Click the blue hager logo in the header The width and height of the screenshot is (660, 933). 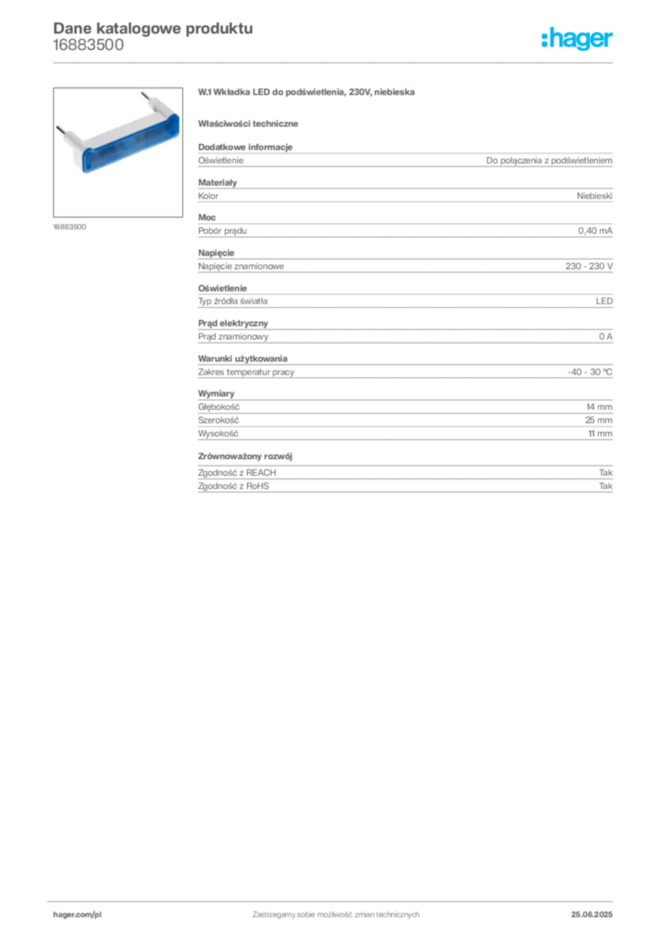(578, 39)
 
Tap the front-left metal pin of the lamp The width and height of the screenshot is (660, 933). (61, 132)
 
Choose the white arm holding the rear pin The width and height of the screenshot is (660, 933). (155, 108)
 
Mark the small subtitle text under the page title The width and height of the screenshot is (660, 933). (87, 52)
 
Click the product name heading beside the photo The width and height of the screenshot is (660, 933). (310, 94)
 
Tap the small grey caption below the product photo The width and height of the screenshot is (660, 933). (68, 227)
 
